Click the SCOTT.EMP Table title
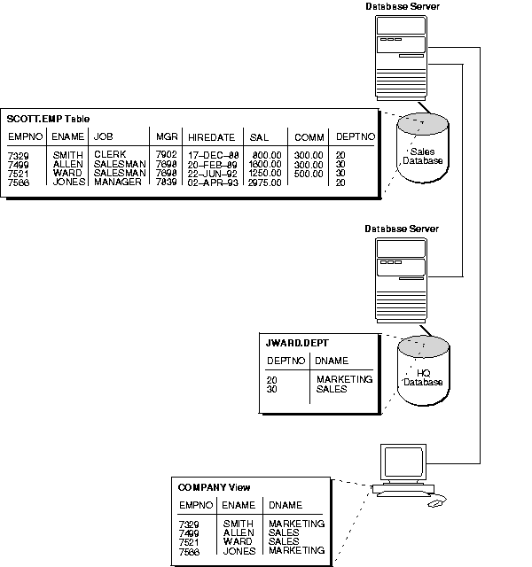click(48, 119)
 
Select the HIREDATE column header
click(210, 137)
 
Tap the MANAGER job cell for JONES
click(117, 183)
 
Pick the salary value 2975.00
click(265, 183)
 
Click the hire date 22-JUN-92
click(210, 174)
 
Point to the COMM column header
click(309, 137)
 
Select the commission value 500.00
click(309, 174)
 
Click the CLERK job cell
click(110, 155)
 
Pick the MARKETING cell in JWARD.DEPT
click(344, 379)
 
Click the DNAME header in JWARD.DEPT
click(332, 361)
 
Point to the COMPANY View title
click(214, 487)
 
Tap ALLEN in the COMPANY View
click(239, 532)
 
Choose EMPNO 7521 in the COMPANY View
click(190, 541)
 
